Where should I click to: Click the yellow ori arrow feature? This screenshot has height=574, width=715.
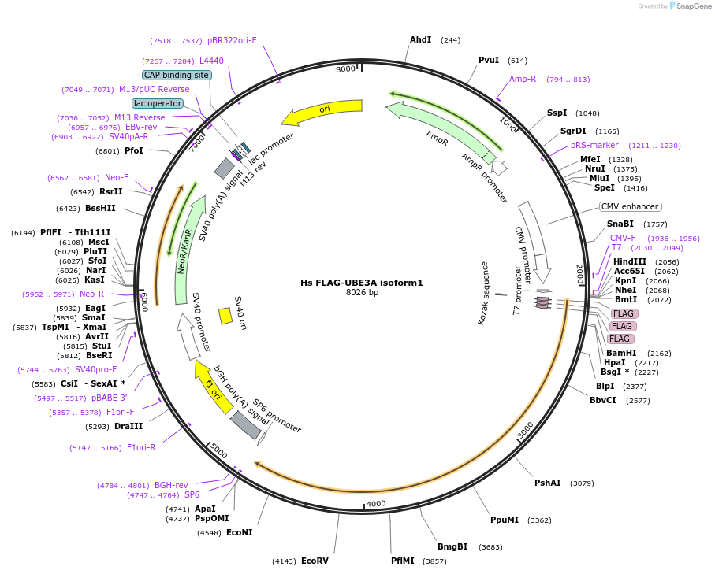click(x=324, y=111)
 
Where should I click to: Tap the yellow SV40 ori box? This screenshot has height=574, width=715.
click(x=225, y=316)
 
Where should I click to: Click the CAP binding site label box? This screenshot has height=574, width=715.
click(x=177, y=75)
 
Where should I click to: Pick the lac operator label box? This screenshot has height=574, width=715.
click(x=158, y=103)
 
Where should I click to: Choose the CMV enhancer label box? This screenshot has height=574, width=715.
click(x=630, y=206)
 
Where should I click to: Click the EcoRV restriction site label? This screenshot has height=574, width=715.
click(x=315, y=561)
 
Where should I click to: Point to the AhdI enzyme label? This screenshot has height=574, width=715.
click(x=420, y=39)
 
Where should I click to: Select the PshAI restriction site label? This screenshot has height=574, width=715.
click(x=548, y=483)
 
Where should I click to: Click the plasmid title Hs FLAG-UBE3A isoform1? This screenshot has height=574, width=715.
click(x=362, y=283)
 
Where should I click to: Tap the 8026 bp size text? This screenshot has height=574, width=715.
click(x=362, y=292)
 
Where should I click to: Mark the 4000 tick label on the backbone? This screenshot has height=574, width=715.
click(x=376, y=503)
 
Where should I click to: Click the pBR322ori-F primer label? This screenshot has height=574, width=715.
click(x=232, y=40)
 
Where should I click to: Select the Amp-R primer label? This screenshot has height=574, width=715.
click(x=523, y=79)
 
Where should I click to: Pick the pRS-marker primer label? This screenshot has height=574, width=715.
click(x=594, y=145)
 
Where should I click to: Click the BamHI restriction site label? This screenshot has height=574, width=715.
click(x=621, y=353)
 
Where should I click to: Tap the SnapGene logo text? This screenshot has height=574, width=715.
click(x=694, y=6)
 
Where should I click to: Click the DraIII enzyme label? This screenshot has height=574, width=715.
click(x=128, y=426)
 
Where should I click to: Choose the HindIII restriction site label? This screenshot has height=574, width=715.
click(x=630, y=261)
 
